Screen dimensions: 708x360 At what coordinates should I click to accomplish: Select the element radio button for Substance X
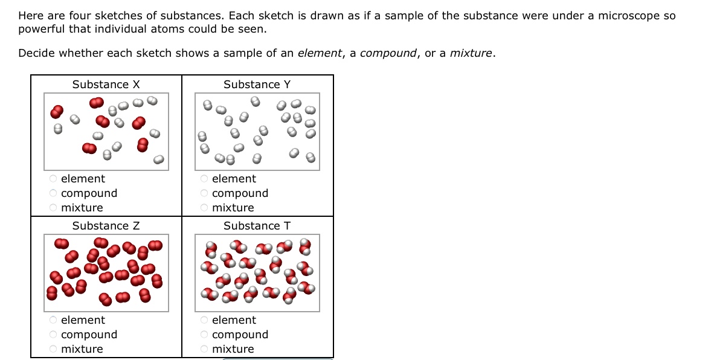pos(53,179)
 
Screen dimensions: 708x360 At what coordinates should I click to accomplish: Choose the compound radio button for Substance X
pos(53,193)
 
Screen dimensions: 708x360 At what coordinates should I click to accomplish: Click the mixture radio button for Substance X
pos(53,208)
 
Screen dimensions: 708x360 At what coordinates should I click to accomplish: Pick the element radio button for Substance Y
pos(204,179)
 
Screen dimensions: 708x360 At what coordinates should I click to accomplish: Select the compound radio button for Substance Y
pos(204,193)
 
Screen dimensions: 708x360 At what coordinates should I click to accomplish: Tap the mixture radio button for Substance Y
pos(204,208)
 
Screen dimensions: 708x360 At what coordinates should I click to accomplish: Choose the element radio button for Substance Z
pos(53,320)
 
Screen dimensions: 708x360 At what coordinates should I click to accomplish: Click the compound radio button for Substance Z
pos(53,335)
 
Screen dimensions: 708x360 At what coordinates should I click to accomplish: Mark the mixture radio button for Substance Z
pos(53,349)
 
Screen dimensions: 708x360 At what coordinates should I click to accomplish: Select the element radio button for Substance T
pos(204,320)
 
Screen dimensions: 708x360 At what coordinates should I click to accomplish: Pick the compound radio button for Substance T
pos(204,335)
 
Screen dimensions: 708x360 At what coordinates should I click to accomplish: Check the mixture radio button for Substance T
pos(204,349)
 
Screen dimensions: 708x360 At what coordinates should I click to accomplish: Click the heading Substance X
pos(106,85)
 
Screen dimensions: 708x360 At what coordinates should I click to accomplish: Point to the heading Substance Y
pos(257,85)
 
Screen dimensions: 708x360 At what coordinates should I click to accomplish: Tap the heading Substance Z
pos(106,226)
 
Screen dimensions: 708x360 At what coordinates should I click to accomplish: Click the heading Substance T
pos(257,226)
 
